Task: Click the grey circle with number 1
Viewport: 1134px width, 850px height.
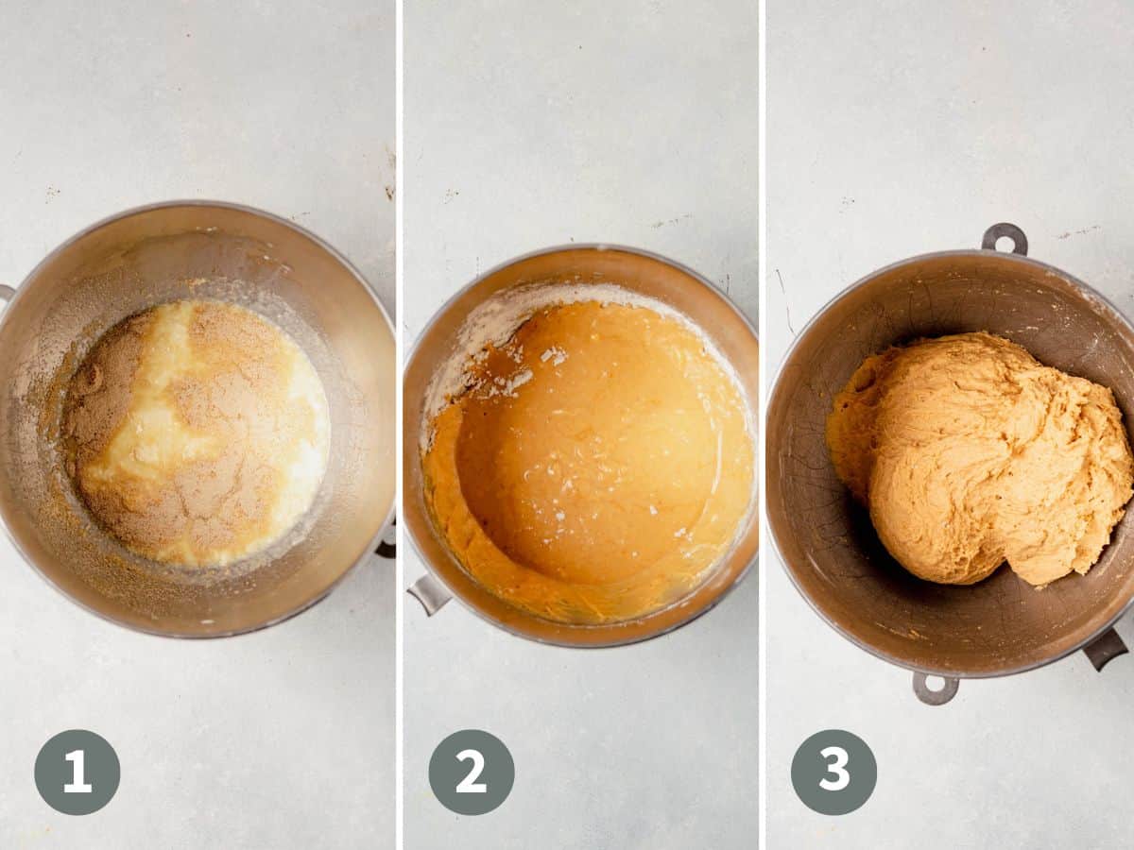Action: [x=77, y=772]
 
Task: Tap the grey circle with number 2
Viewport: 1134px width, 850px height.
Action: [x=471, y=772]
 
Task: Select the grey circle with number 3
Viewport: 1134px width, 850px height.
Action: [x=833, y=772]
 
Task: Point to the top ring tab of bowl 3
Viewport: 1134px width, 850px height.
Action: [x=1004, y=238]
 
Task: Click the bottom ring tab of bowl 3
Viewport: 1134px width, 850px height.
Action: [x=935, y=688]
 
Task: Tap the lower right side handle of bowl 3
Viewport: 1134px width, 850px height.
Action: [x=1104, y=649]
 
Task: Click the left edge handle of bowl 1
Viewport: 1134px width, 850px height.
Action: [x=5, y=293]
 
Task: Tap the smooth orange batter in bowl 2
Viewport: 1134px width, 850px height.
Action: [x=586, y=444]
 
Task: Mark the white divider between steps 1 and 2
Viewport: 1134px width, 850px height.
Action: [x=399, y=425]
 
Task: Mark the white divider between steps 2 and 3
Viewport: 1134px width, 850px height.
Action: [x=762, y=425]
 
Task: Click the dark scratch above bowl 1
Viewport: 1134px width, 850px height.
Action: [x=389, y=175]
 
